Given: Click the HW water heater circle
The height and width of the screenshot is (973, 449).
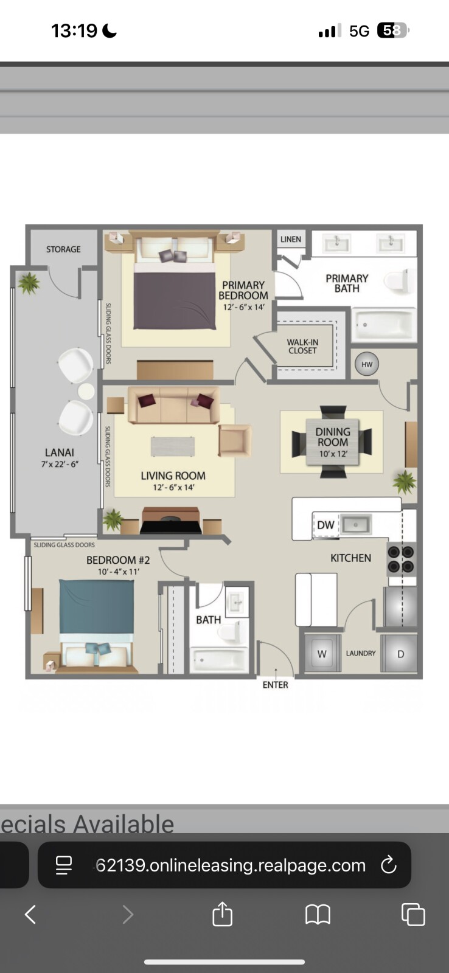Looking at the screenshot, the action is coord(367,364).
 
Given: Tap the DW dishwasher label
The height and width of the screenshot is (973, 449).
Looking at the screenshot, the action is coord(325,525).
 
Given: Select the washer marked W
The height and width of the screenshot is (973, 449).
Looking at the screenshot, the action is coord(322,654).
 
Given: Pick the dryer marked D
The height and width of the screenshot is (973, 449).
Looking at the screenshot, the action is coord(400,654).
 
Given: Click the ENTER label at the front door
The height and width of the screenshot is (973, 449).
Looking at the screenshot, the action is coord(275,685).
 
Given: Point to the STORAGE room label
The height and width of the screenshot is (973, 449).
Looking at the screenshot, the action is coord(63,249).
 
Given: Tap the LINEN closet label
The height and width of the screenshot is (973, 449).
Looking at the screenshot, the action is coord(291,240).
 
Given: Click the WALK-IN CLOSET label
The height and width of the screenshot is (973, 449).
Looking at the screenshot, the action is coord(302,347).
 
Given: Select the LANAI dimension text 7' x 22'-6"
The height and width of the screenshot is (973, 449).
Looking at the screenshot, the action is coord(60,465).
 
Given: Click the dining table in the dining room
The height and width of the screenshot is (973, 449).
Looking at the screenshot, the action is coord(333,441).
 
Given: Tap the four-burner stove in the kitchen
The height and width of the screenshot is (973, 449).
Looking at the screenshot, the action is coord(401,559).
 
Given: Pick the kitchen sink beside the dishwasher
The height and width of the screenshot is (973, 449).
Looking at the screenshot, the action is coord(356,524).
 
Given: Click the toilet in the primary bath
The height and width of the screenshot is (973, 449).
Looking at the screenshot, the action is coord(400,280).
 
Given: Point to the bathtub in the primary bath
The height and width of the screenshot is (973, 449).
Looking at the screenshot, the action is coord(383,325).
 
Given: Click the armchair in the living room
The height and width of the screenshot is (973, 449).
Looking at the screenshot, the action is coord(235,440).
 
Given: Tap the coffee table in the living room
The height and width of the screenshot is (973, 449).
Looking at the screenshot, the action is coord(173,446).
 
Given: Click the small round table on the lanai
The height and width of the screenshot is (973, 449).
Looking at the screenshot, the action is coord(86,392).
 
